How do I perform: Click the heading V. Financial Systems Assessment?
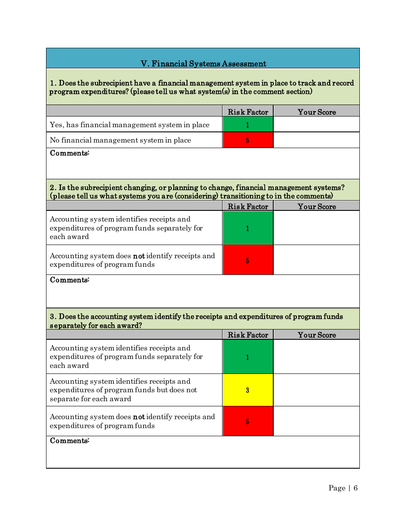click(203, 64)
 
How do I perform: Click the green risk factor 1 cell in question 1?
click(248, 125)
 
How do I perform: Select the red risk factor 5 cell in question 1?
click(248, 140)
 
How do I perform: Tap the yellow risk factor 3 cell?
click(248, 390)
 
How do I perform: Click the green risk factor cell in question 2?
click(248, 228)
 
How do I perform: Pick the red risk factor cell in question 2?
click(248, 260)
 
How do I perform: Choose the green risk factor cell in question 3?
click(248, 357)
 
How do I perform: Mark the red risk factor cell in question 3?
click(248, 421)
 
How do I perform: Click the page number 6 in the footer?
click(356, 488)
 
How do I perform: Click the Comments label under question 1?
click(69, 153)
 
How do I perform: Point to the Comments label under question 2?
click(69, 280)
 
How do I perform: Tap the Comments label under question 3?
click(69, 440)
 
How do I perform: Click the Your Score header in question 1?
click(316, 112)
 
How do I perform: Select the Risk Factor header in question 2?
click(248, 207)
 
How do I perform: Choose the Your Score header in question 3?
click(316, 335)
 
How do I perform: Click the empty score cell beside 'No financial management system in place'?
click(316, 140)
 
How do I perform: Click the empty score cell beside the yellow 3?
click(316, 390)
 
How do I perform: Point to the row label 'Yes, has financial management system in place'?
click(130, 125)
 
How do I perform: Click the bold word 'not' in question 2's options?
click(139, 256)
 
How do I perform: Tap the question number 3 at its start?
click(52, 317)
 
